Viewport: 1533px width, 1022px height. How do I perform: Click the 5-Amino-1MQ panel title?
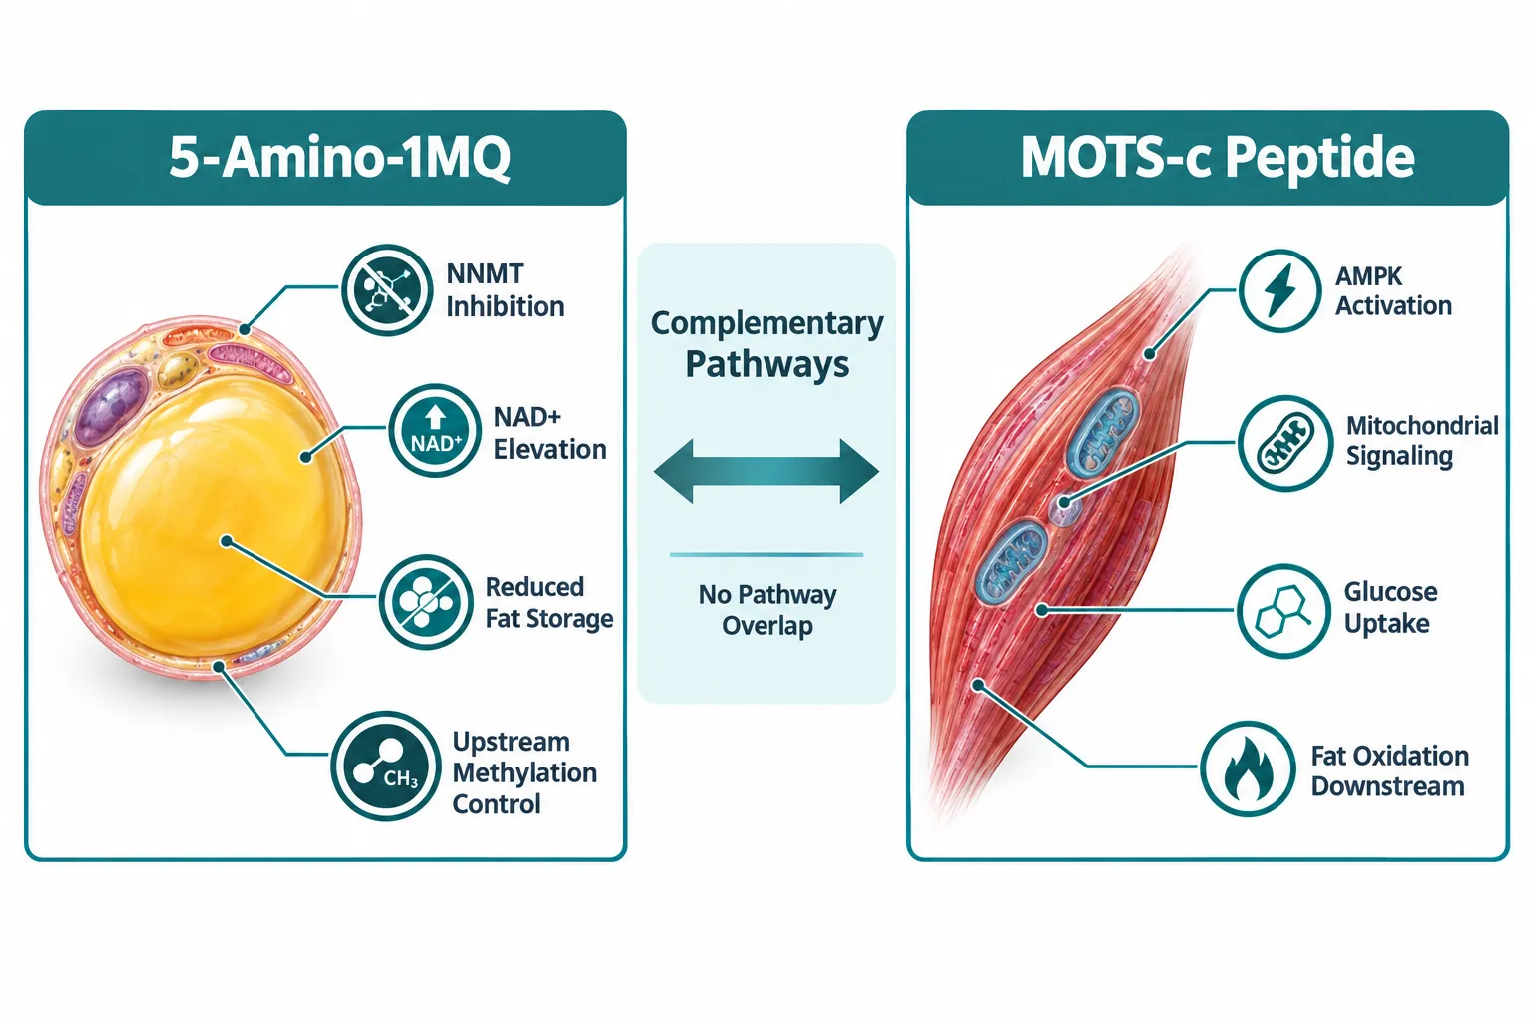(339, 158)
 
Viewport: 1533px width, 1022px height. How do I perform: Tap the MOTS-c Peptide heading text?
(1218, 158)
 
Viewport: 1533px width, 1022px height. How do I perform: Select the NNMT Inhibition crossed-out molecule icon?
(387, 289)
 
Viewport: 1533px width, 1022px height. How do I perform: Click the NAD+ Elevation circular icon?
(435, 430)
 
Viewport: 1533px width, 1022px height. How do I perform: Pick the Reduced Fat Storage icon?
(426, 602)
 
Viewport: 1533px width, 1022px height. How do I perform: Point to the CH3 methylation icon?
(386, 766)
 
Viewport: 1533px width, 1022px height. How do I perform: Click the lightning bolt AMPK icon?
(1279, 290)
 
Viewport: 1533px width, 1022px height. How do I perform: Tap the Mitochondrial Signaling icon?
(1285, 443)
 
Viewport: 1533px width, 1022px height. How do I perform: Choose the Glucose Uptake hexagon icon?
(1283, 611)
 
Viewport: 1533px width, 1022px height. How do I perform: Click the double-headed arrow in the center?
(766, 472)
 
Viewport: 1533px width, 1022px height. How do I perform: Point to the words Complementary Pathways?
(767, 343)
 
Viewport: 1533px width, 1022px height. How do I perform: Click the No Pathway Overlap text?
(767, 610)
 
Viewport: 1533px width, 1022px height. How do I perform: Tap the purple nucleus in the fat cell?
(110, 405)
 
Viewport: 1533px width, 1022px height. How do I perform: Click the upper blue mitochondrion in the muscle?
(1103, 432)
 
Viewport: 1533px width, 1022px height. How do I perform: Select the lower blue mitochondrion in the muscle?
(1011, 562)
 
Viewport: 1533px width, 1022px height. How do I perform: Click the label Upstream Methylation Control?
(524, 772)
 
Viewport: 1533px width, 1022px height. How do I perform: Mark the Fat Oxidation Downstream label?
(1390, 771)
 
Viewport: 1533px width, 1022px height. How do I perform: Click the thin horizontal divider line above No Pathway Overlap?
(766, 555)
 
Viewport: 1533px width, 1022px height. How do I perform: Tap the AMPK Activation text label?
(1393, 290)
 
